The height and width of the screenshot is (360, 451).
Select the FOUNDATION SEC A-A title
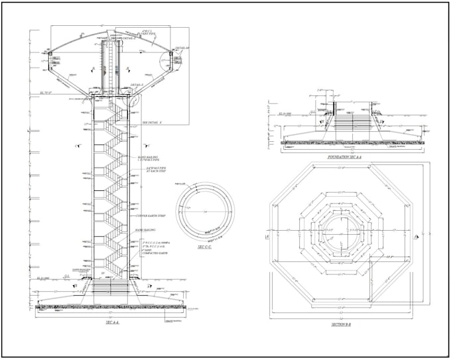click(x=344, y=156)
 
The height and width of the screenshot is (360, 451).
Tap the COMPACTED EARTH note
click(x=153, y=253)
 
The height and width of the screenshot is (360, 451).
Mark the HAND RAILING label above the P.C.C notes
click(x=145, y=230)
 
